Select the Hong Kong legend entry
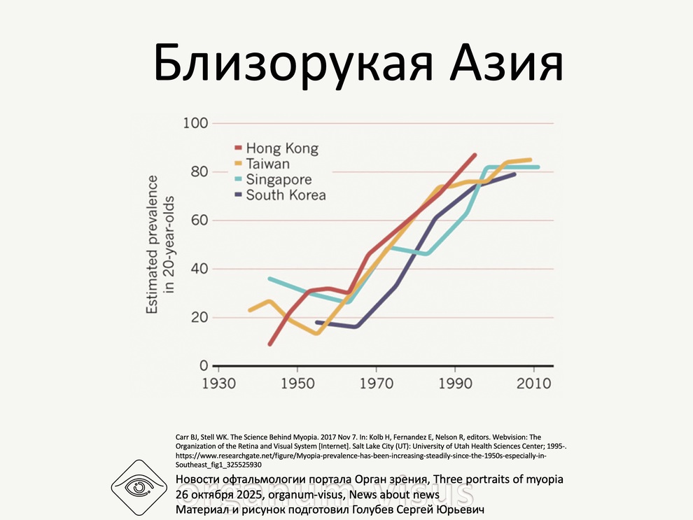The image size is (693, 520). click(281, 148)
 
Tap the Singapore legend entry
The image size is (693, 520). click(279, 180)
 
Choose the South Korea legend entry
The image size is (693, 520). click(286, 195)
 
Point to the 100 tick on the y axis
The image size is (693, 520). click(195, 124)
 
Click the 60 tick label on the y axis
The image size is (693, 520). click(199, 220)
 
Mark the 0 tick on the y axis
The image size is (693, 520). click(204, 366)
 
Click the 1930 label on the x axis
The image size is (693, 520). click(218, 384)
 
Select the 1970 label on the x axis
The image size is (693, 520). click(376, 384)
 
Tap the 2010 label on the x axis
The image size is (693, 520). click(533, 384)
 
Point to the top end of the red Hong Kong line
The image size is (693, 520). click(475, 154)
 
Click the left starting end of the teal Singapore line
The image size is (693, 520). click(269, 279)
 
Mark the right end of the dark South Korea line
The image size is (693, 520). click(515, 174)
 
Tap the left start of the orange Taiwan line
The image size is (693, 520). click(250, 309)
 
